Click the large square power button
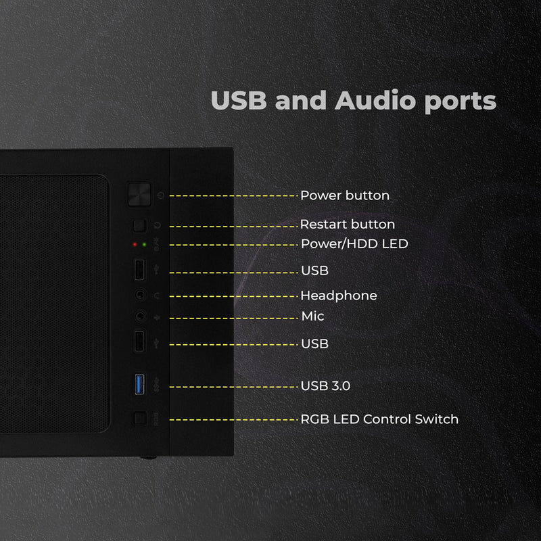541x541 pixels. pos(139,195)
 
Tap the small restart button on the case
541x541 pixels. pos(140,226)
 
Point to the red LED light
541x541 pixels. pos(135,245)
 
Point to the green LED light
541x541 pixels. pos(144,245)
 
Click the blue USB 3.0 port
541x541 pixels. pos(139,384)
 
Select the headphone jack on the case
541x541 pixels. pos(140,295)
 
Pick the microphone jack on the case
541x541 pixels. pos(140,316)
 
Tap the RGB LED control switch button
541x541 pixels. pos(140,418)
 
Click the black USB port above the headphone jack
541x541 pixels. pos(139,269)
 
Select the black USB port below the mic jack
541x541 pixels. pos(139,342)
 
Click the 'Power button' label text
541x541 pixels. pos(345,195)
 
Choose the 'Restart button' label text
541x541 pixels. pos(348,225)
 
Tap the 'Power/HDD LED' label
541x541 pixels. pos(354,244)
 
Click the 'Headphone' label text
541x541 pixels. pos(339,296)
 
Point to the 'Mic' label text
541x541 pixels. pos(312,316)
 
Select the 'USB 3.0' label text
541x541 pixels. pos(325,385)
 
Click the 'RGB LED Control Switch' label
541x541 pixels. pos(379,419)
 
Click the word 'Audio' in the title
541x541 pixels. pos(375,100)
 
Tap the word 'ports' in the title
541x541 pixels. pos(461,102)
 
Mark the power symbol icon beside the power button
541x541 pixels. pos(160,195)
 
